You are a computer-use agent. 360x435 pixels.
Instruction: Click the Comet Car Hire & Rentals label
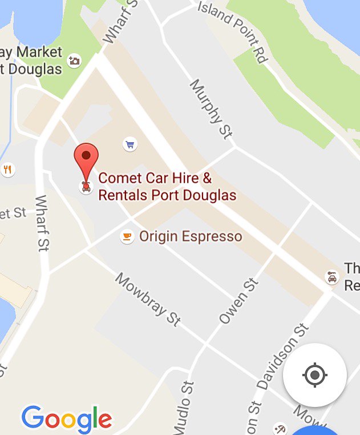point(167,187)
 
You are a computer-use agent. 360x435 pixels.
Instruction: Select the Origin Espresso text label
point(191,236)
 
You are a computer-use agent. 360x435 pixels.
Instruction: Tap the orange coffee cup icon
point(127,236)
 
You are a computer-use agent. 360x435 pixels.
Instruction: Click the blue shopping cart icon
point(130,144)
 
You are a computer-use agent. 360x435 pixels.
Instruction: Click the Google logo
point(67,420)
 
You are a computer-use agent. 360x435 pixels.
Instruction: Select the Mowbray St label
point(148,300)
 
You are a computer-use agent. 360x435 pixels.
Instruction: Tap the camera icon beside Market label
point(74,61)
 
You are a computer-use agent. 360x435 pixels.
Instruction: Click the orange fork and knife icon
point(7,169)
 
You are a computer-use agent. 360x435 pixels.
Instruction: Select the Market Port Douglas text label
point(31,61)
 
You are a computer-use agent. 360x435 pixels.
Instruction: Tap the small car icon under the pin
point(86,186)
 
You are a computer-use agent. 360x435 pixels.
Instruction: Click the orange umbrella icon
point(280,428)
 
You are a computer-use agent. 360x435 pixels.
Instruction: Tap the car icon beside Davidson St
point(331,277)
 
